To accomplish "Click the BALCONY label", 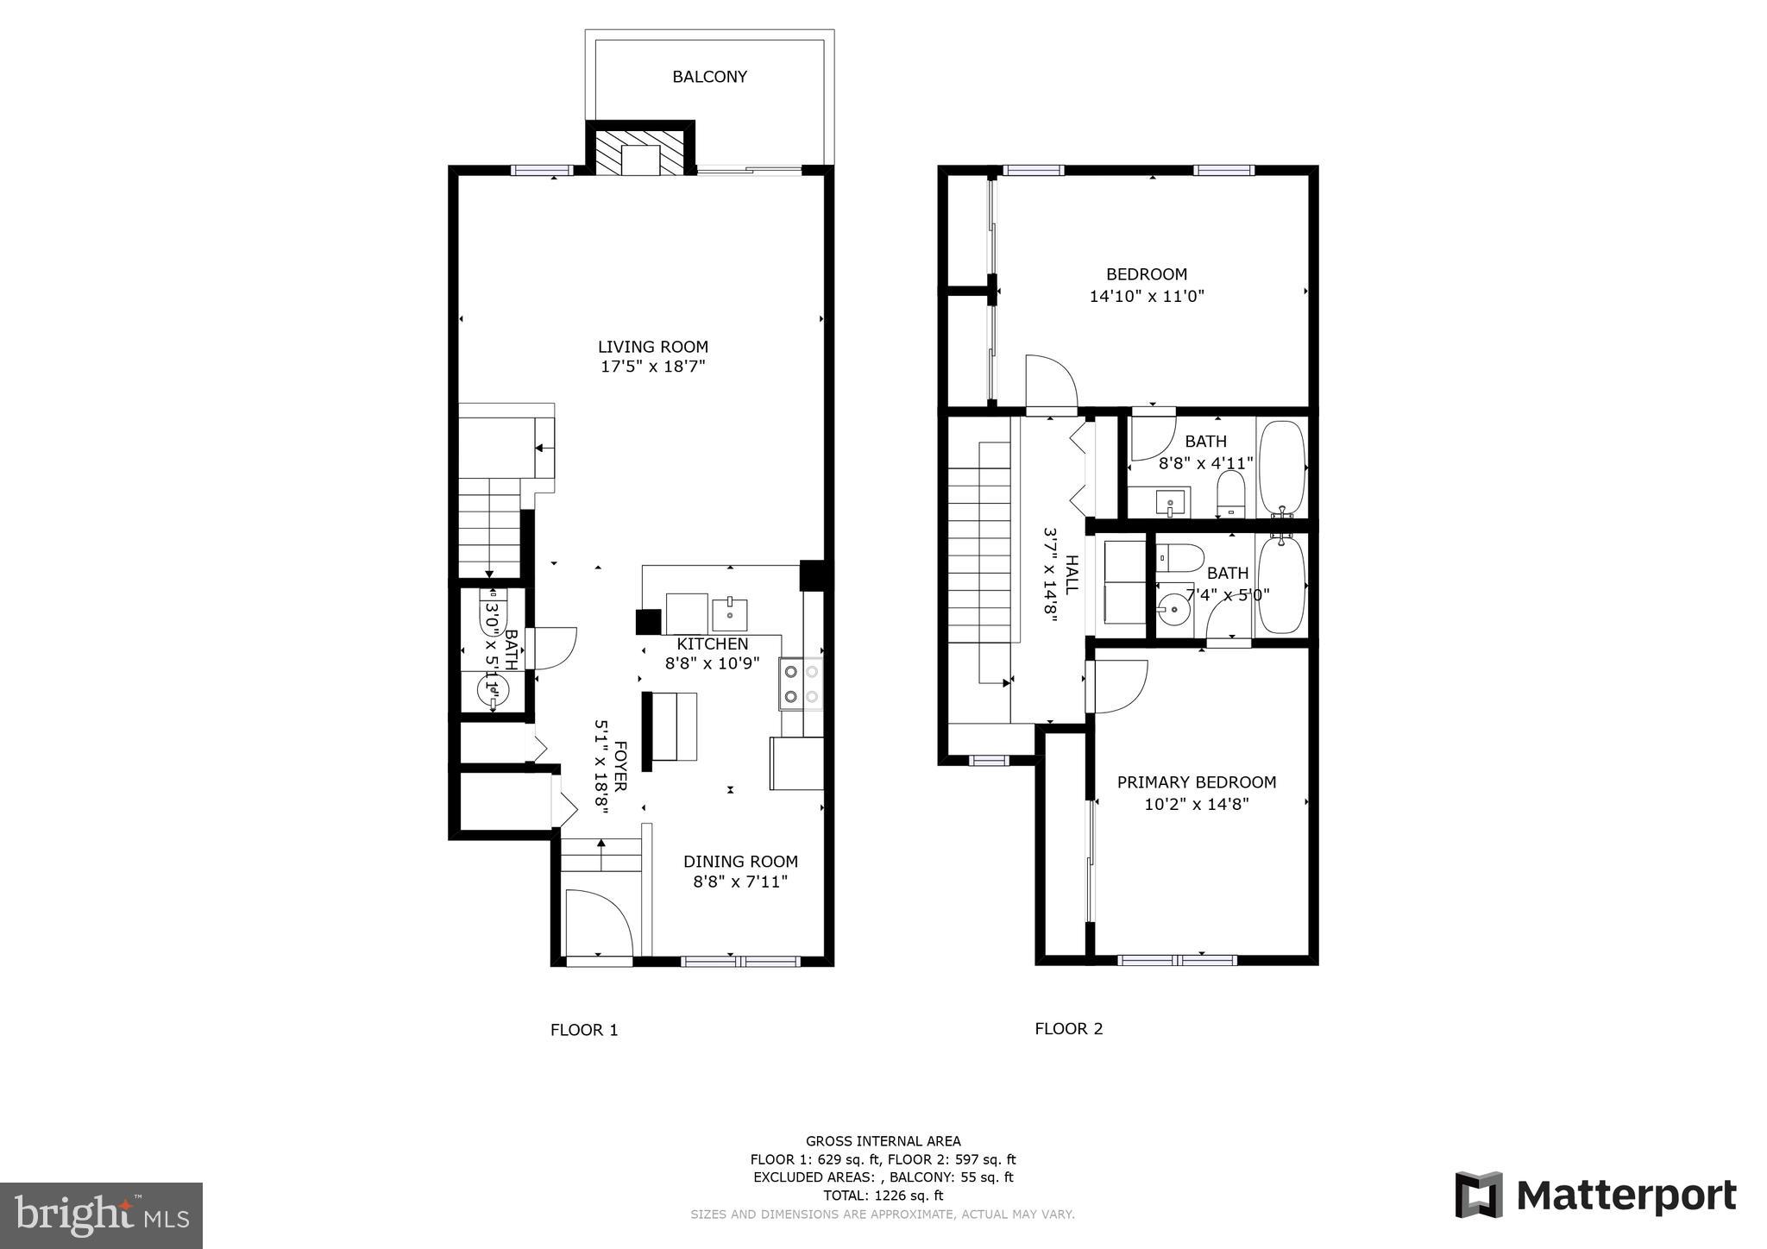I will pyautogui.click(x=709, y=77).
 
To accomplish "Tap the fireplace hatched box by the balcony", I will pyautogui.click(x=640, y=153).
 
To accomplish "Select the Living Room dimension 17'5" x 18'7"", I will pyautogui.click(x=653, y=367).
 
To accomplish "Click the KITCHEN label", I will pyautogui.click(x=712, y=644).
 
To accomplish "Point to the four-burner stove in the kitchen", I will pyautogui.click(x=801, y=684).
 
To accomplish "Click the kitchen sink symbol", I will pyautogui.click(x=730, y=614).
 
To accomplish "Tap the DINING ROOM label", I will pyautogui.click(x=740, y=862).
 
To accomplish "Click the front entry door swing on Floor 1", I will pyautogui.click(x=600, y=923).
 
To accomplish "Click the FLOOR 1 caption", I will pyautogui.click(x=584, y=1030).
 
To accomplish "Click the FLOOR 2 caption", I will pyautogui.click(x=1068, y=1029).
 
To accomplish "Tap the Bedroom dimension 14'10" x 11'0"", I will pyautogui.click(x=1147, y=297).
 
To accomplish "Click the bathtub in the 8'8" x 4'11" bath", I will pyautogui.click(x=1282, y=468).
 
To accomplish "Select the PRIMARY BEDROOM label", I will pyautogui.click(x=1196, y=782).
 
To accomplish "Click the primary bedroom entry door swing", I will pyautogui.click(x=1118, y=686).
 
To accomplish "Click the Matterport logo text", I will pyautogui.click(x=1626, y=1196).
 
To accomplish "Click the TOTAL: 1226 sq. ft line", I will pyautogui.click(x=883, y=1196).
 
